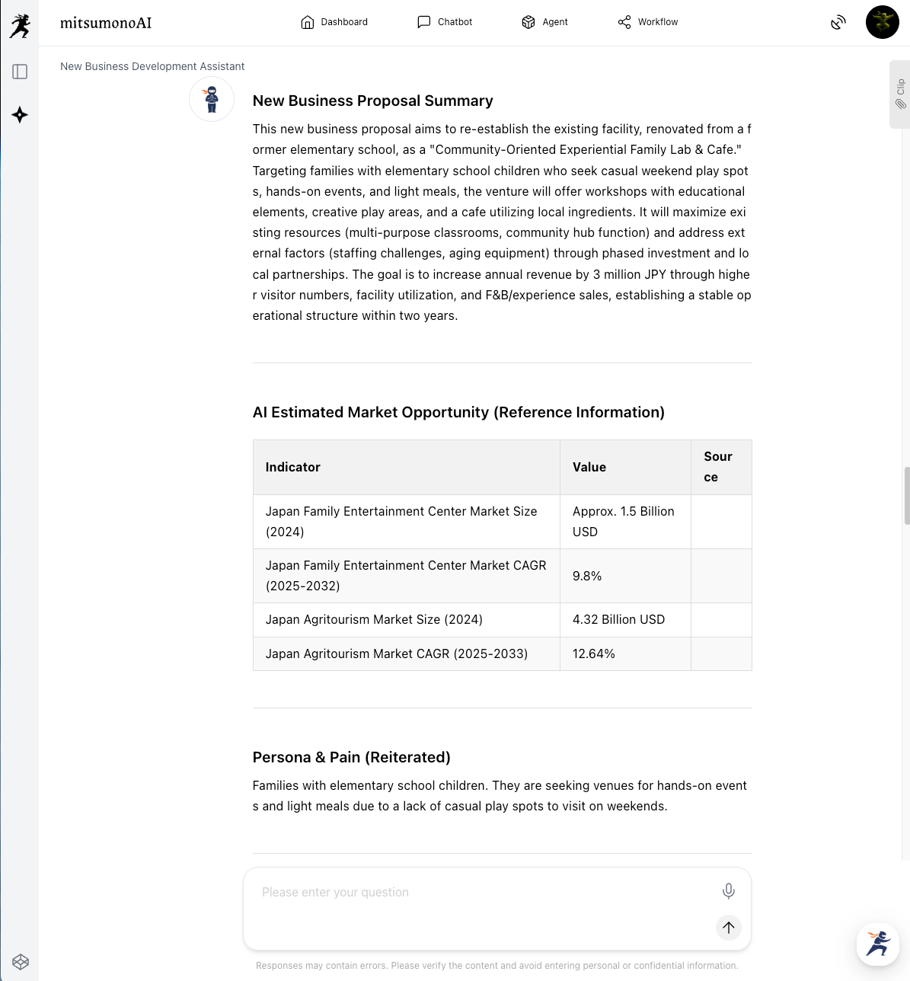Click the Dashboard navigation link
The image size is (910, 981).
pos(334,22)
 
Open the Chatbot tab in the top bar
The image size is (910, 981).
pos(445,22)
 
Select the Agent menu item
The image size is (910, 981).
pos(544,22)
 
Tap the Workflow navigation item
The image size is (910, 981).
pos(647,22)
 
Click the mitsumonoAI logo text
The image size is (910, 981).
pos(106,23)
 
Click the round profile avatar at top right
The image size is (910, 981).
pos(882,22)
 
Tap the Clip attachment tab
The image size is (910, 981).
pos(900,94)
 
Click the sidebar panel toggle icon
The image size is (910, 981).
pos(21,72)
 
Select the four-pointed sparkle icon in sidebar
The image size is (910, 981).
pos(21,115)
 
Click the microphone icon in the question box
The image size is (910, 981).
pos(728,891)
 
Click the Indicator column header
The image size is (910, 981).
pos(293,467)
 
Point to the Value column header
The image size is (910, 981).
pos(589,467)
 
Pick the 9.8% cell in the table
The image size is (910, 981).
pos(587,576)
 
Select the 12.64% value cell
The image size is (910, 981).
pos(594,653)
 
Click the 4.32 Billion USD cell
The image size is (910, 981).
pos(618,619)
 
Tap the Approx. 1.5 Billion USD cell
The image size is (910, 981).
pos(624,522)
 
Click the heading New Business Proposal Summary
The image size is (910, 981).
pos(372,101)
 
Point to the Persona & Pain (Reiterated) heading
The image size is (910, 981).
pos(351,757)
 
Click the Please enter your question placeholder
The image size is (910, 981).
pos(335,892)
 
